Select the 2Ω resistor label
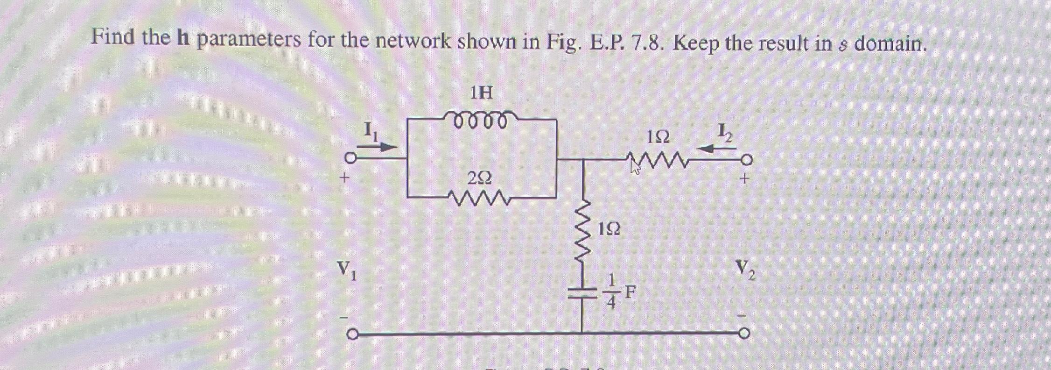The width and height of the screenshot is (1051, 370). (479, 178)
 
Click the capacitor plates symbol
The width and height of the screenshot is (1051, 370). (582, 292)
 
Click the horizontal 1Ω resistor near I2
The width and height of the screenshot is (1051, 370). (658, 162)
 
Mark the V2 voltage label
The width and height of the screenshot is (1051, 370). (745, 270)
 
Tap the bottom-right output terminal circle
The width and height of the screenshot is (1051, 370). (745, 334)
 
